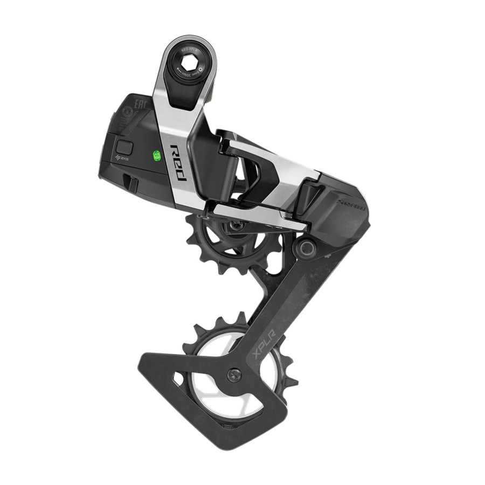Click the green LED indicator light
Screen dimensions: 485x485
157,156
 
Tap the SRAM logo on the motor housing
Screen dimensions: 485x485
351,204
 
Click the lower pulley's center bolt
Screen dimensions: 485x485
234,375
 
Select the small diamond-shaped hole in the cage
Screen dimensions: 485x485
177,378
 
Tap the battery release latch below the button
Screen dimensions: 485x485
129,182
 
